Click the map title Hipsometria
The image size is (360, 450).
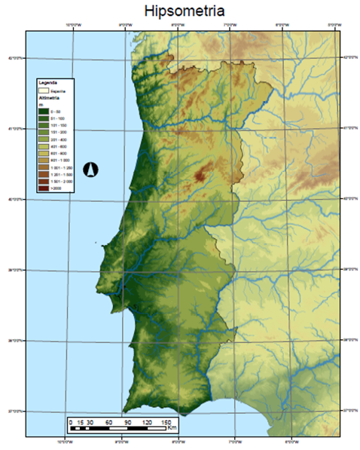[180, 11]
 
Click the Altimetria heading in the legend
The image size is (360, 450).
[50, 98]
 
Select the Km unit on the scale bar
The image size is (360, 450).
[172, 427]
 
